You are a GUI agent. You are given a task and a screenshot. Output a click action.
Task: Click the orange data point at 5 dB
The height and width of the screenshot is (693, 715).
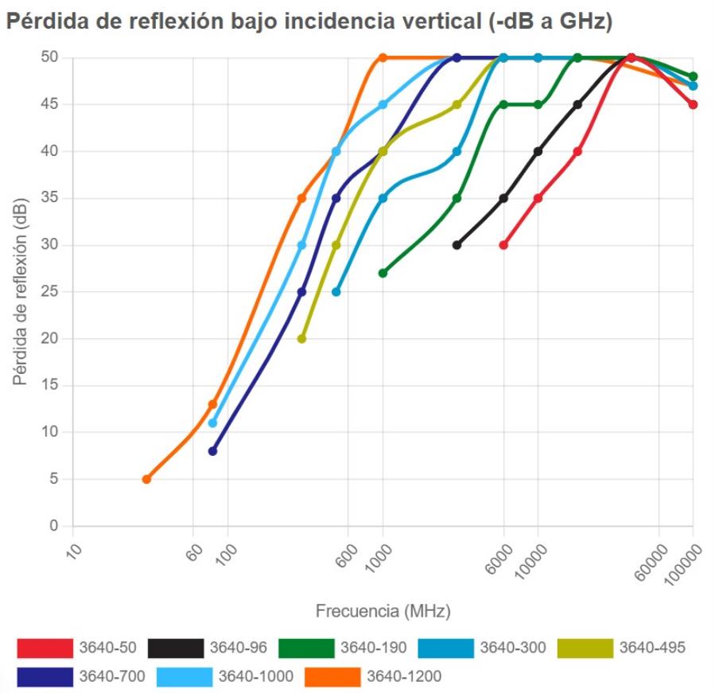(x=146, y=479)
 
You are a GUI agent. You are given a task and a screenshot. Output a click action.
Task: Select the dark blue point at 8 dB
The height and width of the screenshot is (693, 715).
(x=212, y=451)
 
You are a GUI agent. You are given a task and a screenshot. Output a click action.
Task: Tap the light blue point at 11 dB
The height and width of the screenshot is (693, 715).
(x=212, y=422)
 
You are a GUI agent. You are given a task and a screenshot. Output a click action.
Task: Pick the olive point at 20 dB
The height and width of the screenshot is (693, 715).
(x=301, y=338)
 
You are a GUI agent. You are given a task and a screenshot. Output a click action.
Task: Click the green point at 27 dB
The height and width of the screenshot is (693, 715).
(x=383, y=273)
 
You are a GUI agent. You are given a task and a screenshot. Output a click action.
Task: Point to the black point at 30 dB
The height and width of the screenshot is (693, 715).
(x=457, y=245)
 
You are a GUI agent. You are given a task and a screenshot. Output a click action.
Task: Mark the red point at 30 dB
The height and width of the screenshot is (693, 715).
(x=503, y=245)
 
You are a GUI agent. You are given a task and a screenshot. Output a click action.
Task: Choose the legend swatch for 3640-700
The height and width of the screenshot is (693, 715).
(x=44, y=676)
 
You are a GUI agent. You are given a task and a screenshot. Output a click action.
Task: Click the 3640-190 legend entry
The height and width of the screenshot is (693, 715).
(x=373, y=648)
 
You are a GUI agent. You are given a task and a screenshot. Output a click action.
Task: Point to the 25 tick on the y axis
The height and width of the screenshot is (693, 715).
(x=51, y=292)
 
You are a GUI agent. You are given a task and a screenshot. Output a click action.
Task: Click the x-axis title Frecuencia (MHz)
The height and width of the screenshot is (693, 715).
(x=383, y=611)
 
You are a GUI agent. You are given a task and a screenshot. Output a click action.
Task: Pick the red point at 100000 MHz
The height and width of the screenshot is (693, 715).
(x=693, y=104)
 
